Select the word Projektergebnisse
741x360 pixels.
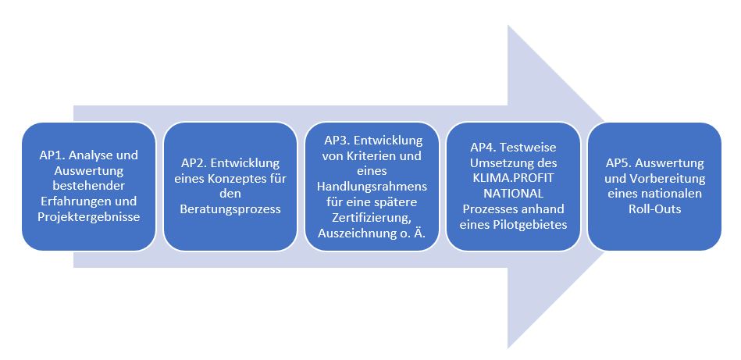click(x=88, y=216)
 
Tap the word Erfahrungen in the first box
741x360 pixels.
click(x=71, y=201)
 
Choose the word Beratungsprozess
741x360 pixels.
click(x=230, y=209)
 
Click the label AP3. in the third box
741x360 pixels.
click(x=337, y=141)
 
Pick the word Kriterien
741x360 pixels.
click(x=376, y=155)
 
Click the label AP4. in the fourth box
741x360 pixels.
click(x=485, y=148)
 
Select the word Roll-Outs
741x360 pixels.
click(x=654, y=209)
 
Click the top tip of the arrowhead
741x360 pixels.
click(x=509, y=26)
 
